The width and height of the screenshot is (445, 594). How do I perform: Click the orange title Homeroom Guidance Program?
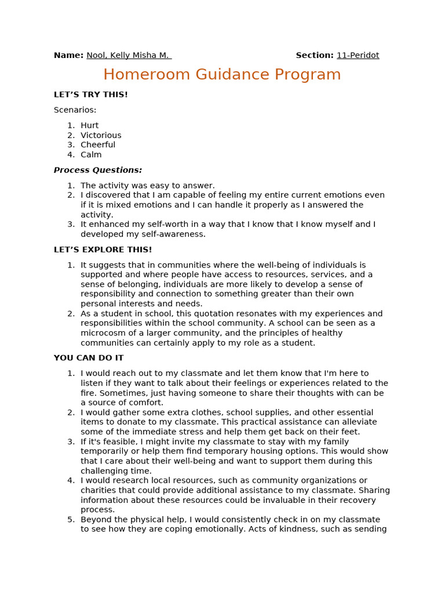(x=222, y=75)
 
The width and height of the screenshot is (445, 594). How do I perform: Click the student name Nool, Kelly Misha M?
(x=127, y=56)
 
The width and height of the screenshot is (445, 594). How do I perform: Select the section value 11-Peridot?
(x=358, y=56)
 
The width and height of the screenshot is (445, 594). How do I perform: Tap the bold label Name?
(x=68, y=56)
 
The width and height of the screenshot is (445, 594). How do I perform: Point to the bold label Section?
(x=314, y=56)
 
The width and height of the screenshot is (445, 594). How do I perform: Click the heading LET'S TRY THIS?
(x=90, y=95)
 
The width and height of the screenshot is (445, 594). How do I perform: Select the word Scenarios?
(x=75, y=110)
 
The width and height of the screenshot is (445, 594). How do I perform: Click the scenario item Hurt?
(x=89, y=125)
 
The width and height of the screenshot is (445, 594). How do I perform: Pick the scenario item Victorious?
(x=101, y=135)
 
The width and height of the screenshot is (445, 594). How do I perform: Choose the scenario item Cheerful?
(x=98, y=145)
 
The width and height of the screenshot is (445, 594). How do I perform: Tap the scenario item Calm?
(x=91, y=155)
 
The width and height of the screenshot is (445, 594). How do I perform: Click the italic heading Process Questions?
(x=97, y=171)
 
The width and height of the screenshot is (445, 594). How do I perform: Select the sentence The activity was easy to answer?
(x=147, y=186)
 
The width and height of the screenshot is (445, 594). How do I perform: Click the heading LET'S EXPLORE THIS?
(x=103, y=250)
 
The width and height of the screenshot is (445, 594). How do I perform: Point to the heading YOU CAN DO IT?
(x=88, y=358)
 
